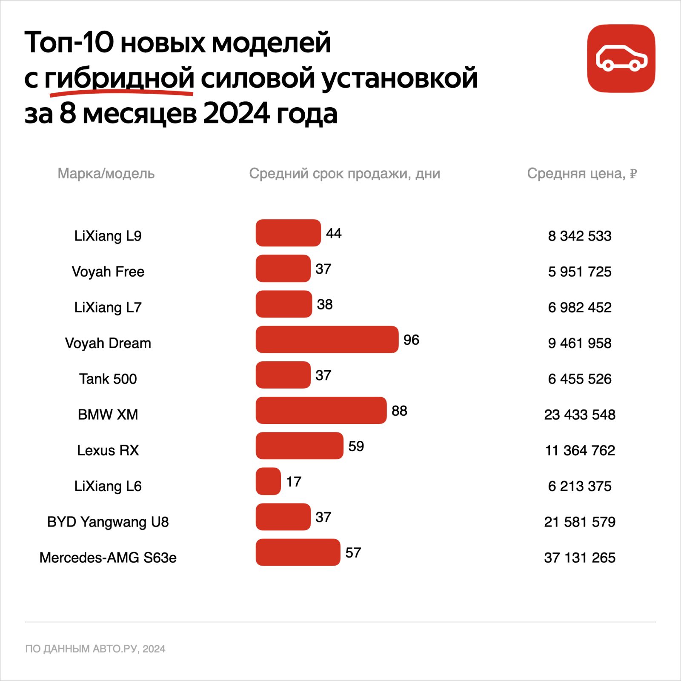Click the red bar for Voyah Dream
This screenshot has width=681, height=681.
click(x=327, y=340)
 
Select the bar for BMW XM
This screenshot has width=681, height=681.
click(x=321, y=410)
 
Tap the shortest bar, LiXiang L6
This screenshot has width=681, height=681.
click(x=268, y=481)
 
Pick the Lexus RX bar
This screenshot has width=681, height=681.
click(x=299, y=446)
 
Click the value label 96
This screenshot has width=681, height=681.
click(x=411, y=340)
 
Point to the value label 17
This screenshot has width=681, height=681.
click(x=294, y=482)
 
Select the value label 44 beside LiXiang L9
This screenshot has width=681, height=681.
click(x=334, y=233)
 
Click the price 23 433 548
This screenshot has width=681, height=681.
click(x=579, y=415)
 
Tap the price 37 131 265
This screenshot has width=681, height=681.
click(x=579, y=558)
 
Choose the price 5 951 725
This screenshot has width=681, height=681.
click(x=579, y=272)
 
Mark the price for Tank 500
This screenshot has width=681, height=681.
click(x=579, y=379)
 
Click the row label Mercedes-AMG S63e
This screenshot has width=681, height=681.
click(x=108, y=558)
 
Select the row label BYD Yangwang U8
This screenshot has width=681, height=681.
click(x=108, y=522)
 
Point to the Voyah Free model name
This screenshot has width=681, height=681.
click(x=108, y=272)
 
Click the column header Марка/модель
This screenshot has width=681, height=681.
click(x=106, y=174)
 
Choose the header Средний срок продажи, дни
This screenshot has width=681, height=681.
click(x=344, y=174)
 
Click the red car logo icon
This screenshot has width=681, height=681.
click(x=621, y=58)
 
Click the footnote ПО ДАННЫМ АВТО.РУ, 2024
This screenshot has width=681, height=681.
click(x=95, y=649)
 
